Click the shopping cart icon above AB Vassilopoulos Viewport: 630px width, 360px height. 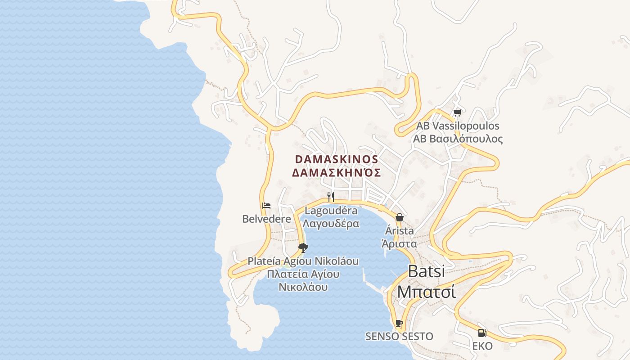point(458,113)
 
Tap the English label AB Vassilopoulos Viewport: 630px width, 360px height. point(458,126)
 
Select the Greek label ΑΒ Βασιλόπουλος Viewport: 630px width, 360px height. point(458,139)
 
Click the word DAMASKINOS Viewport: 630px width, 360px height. point(336,159)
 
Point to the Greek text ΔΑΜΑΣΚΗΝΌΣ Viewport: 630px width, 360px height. point(336,173)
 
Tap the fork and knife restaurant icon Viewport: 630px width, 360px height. point(331,197)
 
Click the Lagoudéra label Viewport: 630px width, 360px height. point(331,211)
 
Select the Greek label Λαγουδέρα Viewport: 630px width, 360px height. point(331,224)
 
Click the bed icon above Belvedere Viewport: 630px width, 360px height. point(266,206)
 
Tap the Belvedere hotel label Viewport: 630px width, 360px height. point(266,219)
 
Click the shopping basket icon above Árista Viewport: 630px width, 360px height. point(399,217)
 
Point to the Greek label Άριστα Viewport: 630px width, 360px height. point(399,244)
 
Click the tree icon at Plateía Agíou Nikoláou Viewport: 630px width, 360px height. point(303,247)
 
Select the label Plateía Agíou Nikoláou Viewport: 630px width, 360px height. point(303,261)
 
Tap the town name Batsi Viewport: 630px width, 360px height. point(426,271)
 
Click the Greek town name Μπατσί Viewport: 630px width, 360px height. point(426,292)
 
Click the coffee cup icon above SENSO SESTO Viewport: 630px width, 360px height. point(399,323)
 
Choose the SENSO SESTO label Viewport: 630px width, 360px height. point(399,336)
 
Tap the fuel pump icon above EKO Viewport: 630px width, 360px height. point(482,333)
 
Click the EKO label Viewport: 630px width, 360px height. point(482,346)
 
